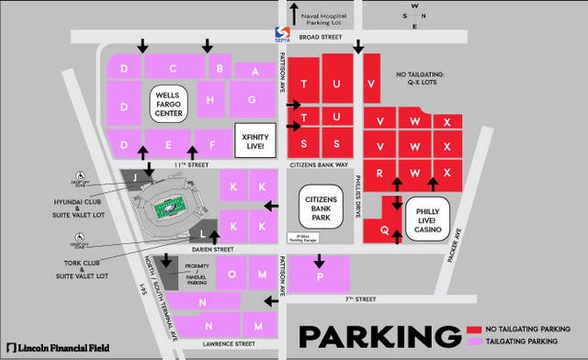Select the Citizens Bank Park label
point(322,207)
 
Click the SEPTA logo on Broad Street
point(282,34)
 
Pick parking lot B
point(219,67)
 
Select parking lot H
point(211,99)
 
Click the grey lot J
point(136,175)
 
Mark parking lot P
point(321,275)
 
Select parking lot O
point(232,274)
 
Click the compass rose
point(414,16)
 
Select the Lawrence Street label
point(225,344)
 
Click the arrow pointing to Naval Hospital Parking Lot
point(294,13)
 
